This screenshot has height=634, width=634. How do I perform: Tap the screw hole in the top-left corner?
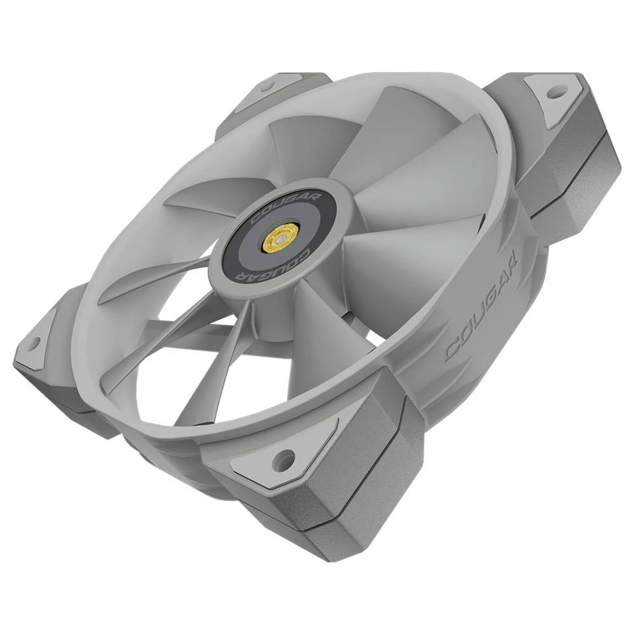[267, 85]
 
